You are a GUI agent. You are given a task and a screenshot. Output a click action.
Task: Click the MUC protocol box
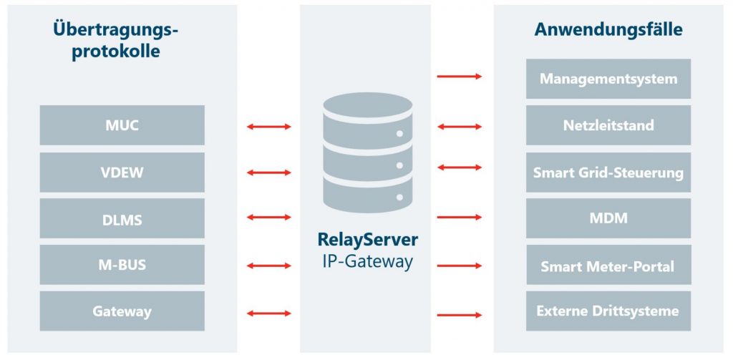pos(122,125)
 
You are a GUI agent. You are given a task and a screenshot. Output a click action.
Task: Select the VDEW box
pos(122,172)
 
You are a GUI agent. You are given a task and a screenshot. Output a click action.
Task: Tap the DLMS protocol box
pos(122,218)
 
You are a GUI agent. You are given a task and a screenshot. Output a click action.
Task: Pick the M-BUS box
pos(122,265)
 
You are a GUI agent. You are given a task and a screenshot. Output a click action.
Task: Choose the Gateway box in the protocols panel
pos(122,311)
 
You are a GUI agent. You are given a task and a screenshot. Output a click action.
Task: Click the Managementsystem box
pos(608,79)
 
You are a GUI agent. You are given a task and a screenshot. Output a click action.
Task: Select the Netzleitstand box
pos(608,125)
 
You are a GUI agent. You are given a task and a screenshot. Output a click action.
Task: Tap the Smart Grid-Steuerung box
pos(608,172)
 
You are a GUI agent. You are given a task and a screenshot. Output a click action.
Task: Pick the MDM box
pos(608,218)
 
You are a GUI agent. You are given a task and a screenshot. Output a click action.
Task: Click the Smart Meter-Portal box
pos(608,265)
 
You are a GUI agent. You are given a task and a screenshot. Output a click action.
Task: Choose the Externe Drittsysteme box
pos(608,311)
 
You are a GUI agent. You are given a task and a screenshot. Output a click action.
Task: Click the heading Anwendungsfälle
pos(608,29)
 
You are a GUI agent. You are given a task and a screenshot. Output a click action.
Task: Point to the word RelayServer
pos(368,239)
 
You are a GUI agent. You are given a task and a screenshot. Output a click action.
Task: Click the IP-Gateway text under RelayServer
pos(368,262)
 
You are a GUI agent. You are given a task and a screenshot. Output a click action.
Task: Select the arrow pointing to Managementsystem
pos(459,76)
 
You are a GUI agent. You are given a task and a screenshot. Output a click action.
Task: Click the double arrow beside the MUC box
pos(269,126)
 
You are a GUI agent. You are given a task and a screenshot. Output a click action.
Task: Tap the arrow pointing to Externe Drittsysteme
pos(459,315)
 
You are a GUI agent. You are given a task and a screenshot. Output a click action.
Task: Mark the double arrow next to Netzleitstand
pos(459,126)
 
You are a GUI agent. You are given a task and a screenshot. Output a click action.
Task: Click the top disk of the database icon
pos(368,107)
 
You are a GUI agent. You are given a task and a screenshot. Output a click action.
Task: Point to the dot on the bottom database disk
pos(399,198)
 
